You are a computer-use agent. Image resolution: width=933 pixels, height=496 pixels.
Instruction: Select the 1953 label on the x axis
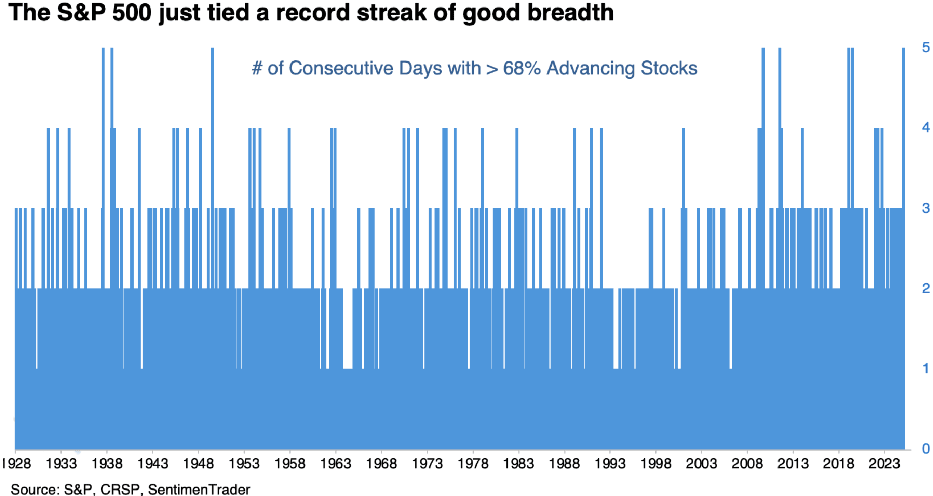point(244,464)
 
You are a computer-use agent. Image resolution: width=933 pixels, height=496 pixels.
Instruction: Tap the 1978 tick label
point(473,464)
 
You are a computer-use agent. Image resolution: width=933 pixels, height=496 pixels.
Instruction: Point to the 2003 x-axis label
point(701,464)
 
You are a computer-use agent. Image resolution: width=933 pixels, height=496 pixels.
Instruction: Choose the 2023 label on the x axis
point(884,464)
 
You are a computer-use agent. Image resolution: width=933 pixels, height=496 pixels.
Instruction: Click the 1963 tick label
point(335,464)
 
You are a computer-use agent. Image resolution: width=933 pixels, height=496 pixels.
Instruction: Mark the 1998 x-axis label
point(655,464)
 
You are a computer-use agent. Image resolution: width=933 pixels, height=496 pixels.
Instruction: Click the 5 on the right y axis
point(926,47)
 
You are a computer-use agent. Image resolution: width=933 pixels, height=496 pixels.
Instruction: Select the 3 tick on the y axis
point(926,208)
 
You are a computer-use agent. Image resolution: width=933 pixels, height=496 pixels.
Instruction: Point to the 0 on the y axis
point(926,449)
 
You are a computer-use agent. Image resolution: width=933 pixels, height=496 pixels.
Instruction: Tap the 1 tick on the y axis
point(926,369)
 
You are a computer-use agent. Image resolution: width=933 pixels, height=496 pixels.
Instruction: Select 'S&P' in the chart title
point(81,13)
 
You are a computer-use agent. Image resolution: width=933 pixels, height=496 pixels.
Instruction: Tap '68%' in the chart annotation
point(522,68)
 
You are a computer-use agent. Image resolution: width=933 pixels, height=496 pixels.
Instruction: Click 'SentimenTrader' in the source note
point(199,490)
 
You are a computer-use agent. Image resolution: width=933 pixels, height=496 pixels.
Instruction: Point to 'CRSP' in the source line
point(120,490)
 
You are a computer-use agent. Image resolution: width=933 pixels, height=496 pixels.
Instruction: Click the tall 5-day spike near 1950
point(212,109)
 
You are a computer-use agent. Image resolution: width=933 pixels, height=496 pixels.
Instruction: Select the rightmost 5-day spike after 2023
point(903,109)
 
